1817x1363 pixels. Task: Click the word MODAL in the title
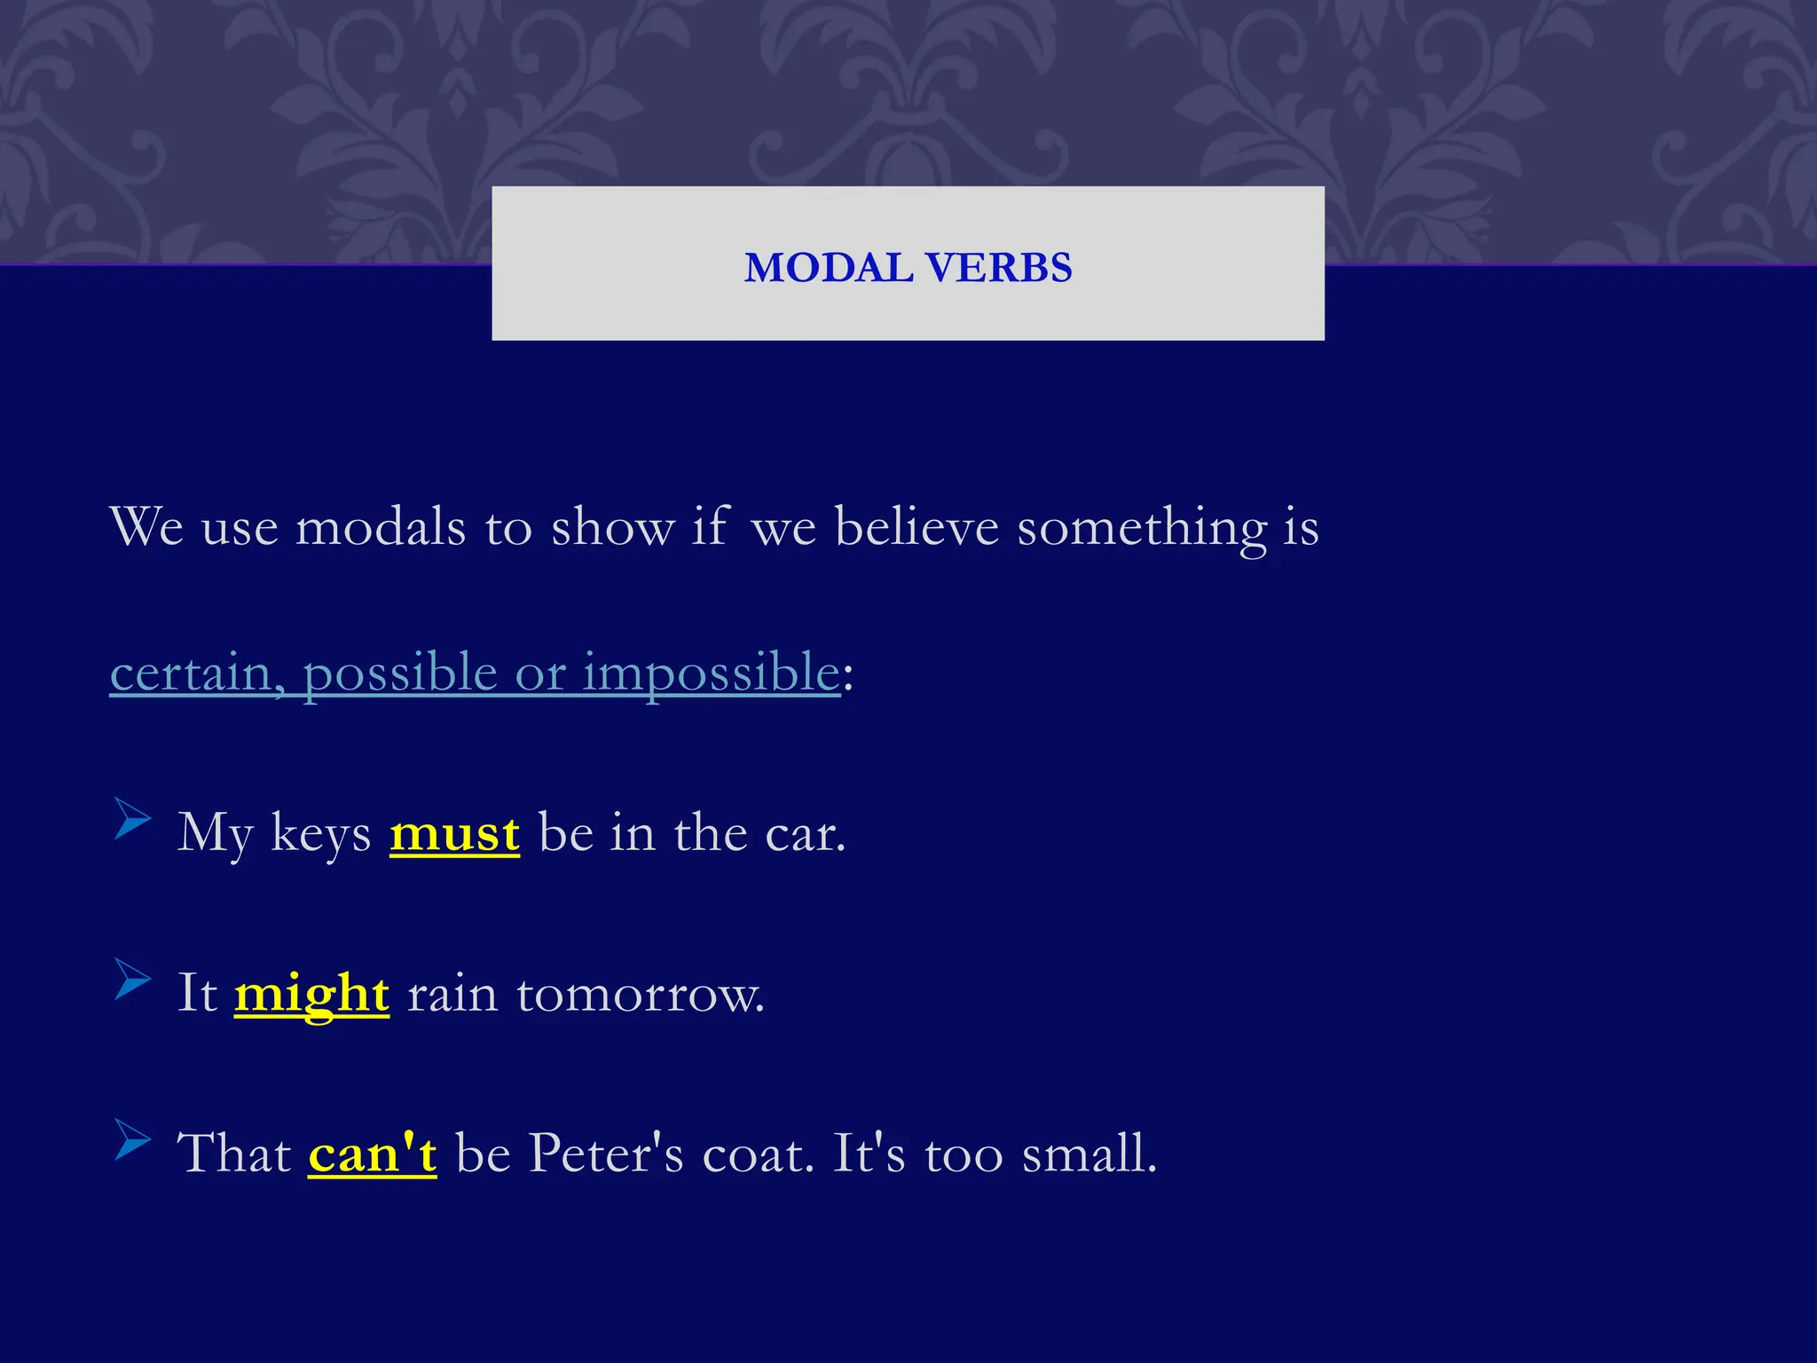coord(829,268)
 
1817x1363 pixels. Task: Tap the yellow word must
coord(454,834)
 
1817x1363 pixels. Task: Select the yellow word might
coord(311,994)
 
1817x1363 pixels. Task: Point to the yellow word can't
coord(373,1154)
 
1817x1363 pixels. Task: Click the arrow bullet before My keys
coord(132,818)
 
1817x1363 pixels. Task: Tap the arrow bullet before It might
coord(132,979)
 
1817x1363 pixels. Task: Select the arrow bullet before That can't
coord(132,1139)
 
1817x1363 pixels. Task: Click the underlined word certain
coord(190,673)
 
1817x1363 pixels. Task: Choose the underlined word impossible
coord(711,673)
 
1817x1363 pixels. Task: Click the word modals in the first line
coord(381,527)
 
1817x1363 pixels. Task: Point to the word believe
coord(916,527)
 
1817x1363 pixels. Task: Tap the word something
coord(1142,527)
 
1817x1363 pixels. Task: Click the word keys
coord(320,834)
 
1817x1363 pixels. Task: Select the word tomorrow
coord(640,994)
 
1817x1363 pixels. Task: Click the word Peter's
coord(606,1154)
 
